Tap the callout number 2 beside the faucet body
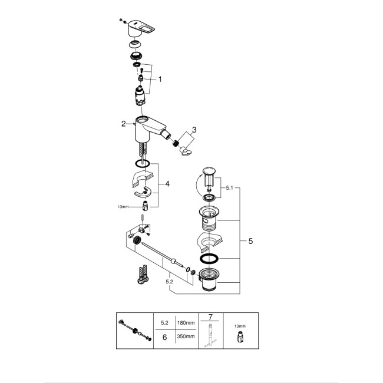click(x=124, y=124)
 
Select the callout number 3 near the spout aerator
click(x=194, y=130)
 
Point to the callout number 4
click(x=167, y=184)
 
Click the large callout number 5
click(x=250, y=242)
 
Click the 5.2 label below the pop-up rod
click(x=170, y=283)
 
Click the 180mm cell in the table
click(x=186, y=322)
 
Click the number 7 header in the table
click(x=210, y=317)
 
